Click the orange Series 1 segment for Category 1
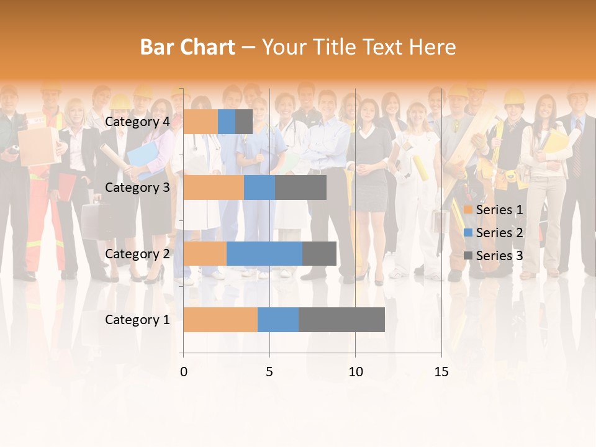pyautogui.click(x=220, y=319)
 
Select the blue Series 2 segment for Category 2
pyautogui.click(x=264, y=253)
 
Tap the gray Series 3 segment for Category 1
pyautogui.click(x=341, y=319)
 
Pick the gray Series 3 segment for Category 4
pyautogui.click(x=244, y=122)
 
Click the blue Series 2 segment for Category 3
pyautogui.click(x=260, y=187)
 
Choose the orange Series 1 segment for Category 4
pyautogui.click(x=201, y=122)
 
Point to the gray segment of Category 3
pyautogui.click(x=300, y=187)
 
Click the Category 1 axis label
pyautogui.click(x=137, y=320)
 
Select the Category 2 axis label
pyautogui.click(x=137, y=254)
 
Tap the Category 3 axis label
pyautogui.click(x=137, y=187)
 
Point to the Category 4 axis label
pyautogui.click(x=137, y=122)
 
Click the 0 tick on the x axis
pyautogui.click(x=184, y=372)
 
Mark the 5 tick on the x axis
pyautogui.click(x=269, y=372)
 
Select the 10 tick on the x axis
pyautogui.click(x=355, y=372)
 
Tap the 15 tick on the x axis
pyautogui.click(x=441, y=372)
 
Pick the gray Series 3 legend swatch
pyautogui.click(x=468, y=256)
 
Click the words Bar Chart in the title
pyautogui.click(x=187, y=47)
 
